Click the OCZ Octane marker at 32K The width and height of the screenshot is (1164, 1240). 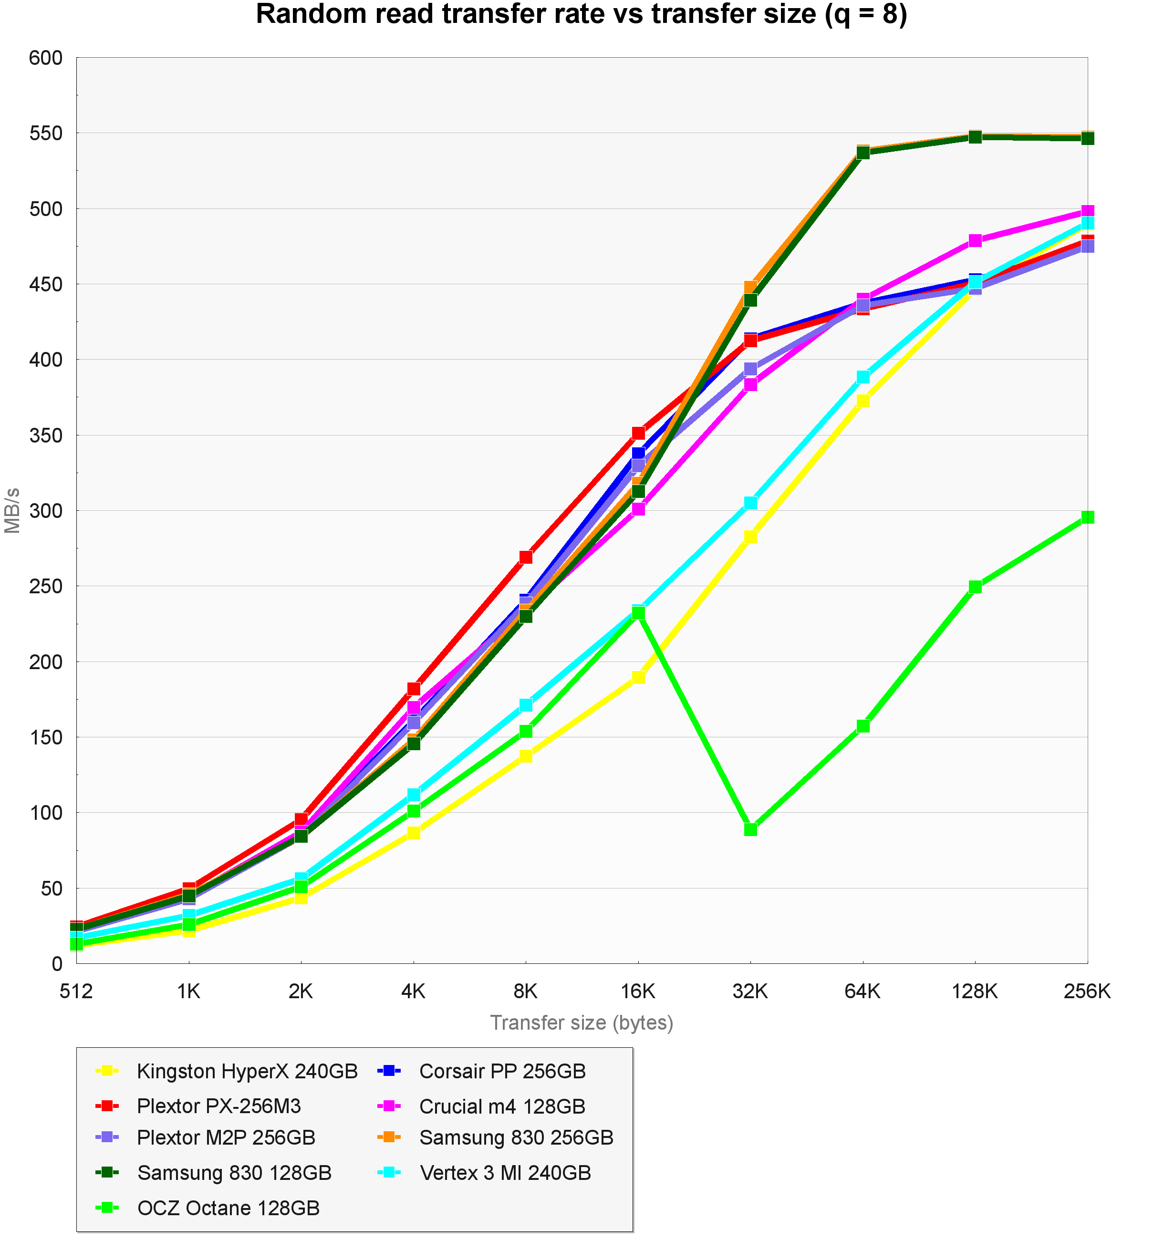(x=750, y=829)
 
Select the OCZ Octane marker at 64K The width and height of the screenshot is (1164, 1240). (x=863, y=726)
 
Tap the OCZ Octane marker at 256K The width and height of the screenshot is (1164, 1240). (x=1087, y=517)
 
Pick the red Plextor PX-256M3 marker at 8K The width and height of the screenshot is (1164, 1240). (x=526, y=557)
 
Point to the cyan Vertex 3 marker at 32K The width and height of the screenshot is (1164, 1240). (x=750, y=503)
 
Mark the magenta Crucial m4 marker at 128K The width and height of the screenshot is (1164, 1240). (x=975, y=241)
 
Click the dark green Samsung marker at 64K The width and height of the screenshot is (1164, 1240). (x=863, y=153)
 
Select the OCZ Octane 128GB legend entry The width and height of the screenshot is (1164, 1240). (x=228, y=1208)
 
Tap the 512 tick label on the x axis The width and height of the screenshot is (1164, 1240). (x=76, y=991)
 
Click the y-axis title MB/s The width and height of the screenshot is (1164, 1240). (x=12, y=510)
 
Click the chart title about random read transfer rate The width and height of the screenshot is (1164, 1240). (x=582, y=14)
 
